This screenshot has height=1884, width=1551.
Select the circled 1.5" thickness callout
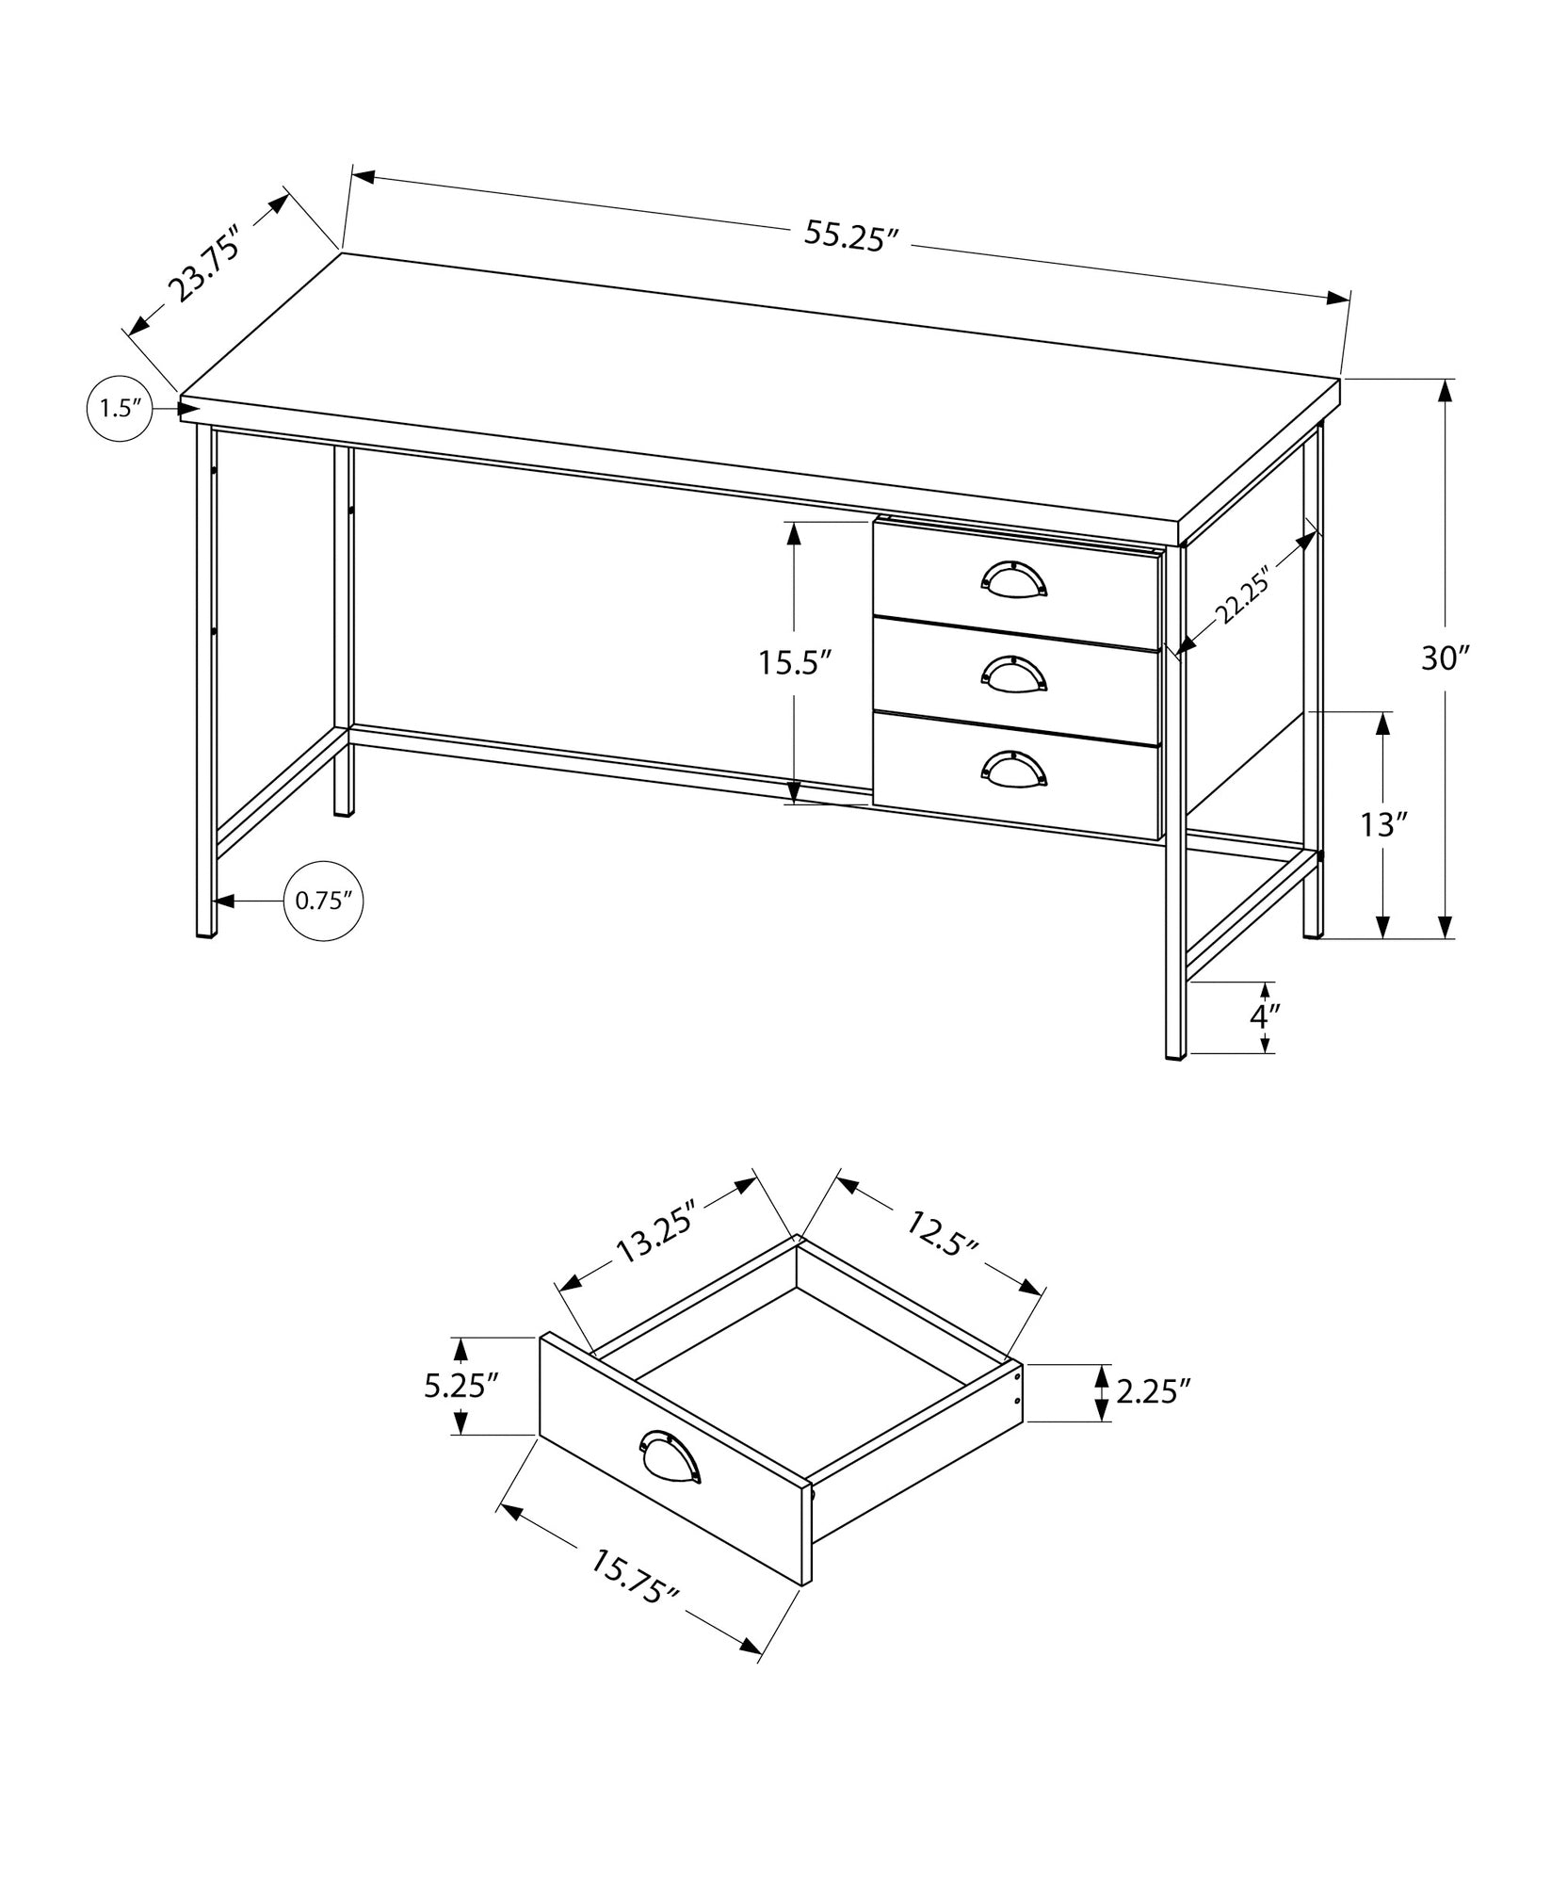[x=119, y=408]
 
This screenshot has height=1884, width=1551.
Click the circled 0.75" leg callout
[x=323, y=901]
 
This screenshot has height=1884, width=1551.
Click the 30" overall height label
[x=1445, y=659]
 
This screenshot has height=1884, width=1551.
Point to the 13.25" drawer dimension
[x=655, y=1231]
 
